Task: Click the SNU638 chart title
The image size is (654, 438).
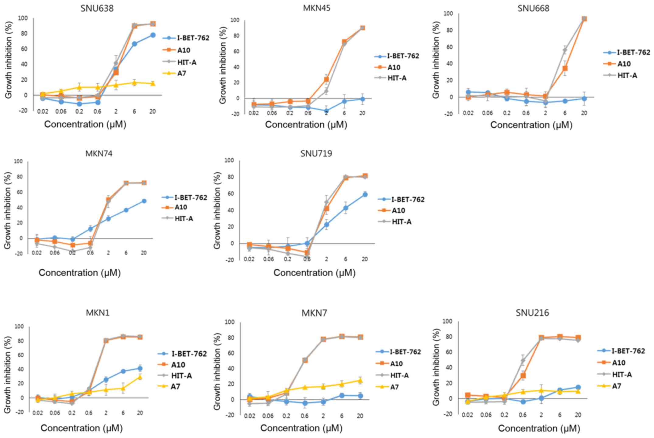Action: pos(97,8)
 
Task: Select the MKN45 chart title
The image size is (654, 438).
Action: pos(316,8)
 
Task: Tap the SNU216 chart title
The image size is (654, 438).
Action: pos(532,313)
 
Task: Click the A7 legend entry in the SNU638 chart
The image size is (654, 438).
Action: pos(182,73)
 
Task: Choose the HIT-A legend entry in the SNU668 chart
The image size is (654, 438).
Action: pos(627,75)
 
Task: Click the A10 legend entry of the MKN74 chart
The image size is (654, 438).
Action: pos(181,207)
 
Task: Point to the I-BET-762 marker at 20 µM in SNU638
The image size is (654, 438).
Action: pos(152,35)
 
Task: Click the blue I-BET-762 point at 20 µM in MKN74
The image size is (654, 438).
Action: pos(144,201)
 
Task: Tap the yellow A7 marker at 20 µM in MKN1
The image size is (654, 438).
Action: pos(140,377)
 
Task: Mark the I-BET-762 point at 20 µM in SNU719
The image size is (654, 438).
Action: pos(365,195)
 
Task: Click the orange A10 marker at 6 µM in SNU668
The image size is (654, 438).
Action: pos(565,68)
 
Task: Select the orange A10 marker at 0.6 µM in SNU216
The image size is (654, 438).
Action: pos(523,376)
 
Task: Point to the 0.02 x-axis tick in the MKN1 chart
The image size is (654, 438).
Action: pos(37,413)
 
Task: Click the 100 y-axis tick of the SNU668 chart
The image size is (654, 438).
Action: pos(448,13)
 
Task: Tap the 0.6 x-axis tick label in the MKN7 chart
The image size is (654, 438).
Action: pos(305,416)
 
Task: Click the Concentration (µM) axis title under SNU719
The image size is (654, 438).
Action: pos(314,273)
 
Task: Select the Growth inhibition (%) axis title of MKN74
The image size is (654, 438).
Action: pos(8,210)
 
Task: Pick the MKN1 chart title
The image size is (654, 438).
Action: pos(97,313)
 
